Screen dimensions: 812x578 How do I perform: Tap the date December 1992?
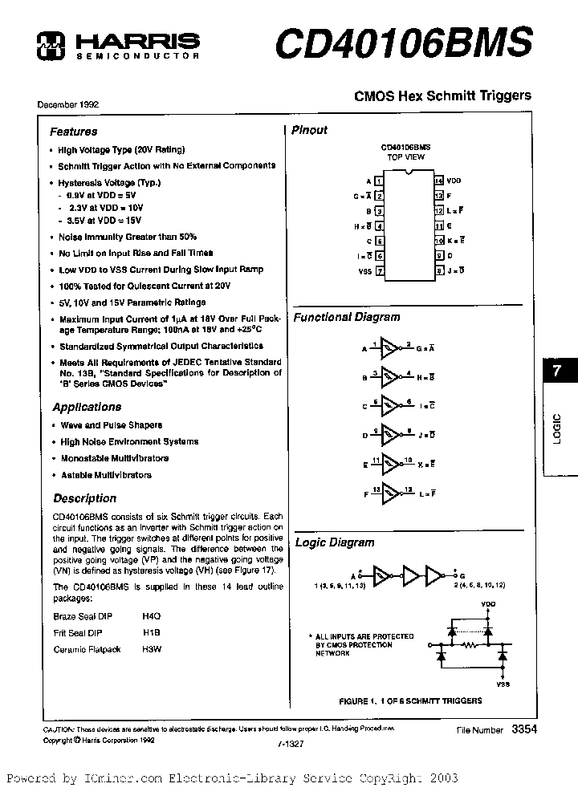tap(67, 105)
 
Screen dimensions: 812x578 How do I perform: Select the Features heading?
tap(73, 132)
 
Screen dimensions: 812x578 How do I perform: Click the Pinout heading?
tap(309, 130)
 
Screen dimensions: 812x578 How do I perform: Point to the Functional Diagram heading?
tap(346, 317)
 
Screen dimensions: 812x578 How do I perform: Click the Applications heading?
tap(86, 407)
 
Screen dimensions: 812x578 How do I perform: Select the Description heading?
tap(85, 498)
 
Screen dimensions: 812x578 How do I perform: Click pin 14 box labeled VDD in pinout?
tap(438, 181)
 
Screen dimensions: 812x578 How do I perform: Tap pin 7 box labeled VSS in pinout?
tap(380, 271)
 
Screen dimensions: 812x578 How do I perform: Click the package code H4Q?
tap(152, 616)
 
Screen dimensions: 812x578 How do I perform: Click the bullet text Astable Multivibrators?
tap(106, 475)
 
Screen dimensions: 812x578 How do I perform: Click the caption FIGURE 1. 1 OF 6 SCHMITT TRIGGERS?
tap(410, 700)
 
